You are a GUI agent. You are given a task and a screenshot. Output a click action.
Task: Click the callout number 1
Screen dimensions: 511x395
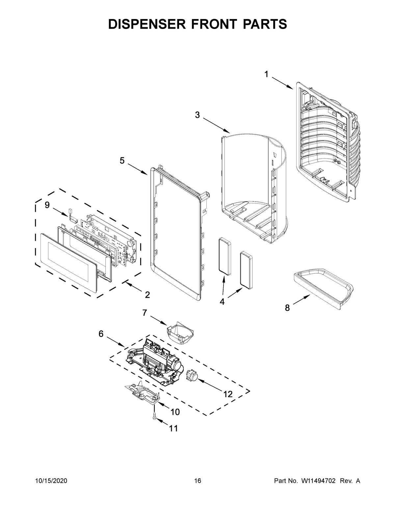(x=266, y=75)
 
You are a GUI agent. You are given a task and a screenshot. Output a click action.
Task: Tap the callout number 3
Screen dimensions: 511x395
(x=197, y=115)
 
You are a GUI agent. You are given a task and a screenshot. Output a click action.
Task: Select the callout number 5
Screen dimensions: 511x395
(x=122, y=161)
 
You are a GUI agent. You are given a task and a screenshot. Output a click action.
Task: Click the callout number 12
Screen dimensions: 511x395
(x=227, y=394)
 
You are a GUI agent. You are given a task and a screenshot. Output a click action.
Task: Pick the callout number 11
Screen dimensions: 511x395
(x=173, y=428)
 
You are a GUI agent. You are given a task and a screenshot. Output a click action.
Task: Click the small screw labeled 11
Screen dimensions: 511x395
(x=154, y=416)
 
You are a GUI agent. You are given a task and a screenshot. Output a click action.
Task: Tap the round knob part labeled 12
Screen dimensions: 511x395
(x=191, y=375)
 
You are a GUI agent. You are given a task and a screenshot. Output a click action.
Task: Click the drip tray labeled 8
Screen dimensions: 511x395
(x=323, y=288)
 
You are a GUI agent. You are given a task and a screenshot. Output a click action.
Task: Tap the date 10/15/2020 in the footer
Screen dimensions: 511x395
(x=51, y=481)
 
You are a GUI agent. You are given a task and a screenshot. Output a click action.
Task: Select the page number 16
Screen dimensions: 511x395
(x=197, y=481)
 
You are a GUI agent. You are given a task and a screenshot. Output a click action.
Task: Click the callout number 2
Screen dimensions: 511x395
(x=147, y=294)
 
